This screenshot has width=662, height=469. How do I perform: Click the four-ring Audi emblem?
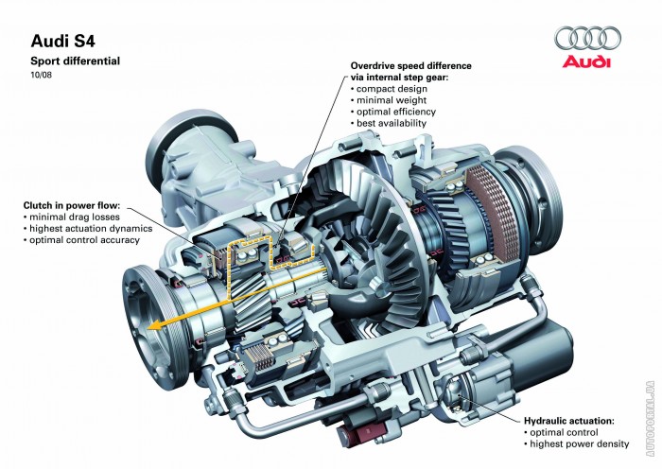point(588,38)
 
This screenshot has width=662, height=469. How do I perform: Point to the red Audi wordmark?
point(588,61)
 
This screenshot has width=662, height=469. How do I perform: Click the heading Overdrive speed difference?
point(410,66)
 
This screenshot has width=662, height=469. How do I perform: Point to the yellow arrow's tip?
point(150,325)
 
